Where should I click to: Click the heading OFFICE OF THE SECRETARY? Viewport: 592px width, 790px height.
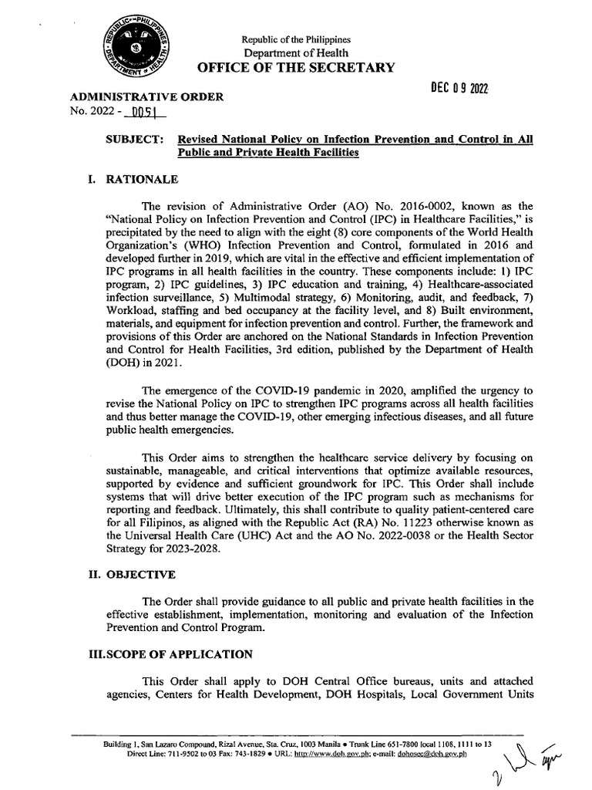point(296,67)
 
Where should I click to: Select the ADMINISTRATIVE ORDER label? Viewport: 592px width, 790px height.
point(147,97)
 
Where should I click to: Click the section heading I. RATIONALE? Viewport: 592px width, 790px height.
point(133,180)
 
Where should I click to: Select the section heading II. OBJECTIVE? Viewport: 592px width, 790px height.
point(131,575)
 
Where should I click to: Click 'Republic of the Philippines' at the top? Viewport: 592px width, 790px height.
point(296,39)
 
